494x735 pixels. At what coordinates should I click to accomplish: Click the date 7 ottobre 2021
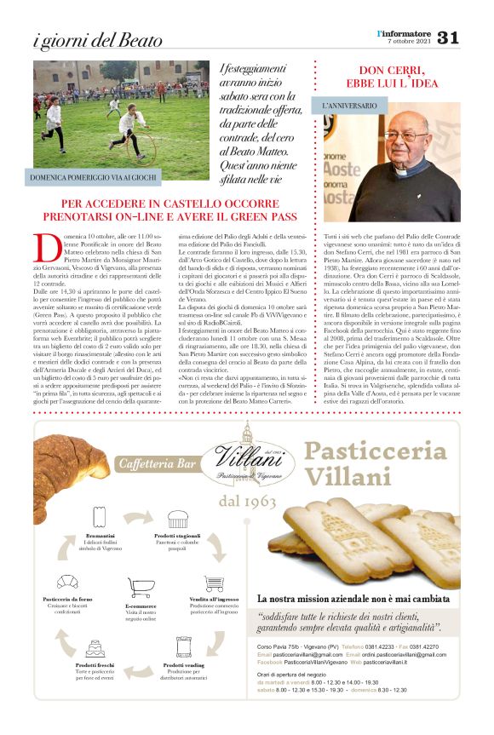pos(409,42)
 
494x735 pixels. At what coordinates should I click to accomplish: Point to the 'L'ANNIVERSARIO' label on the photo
pos(350,108)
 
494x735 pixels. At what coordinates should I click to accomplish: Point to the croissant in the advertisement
pos(68,465)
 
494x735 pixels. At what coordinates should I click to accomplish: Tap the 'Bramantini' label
pos(101,535)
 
